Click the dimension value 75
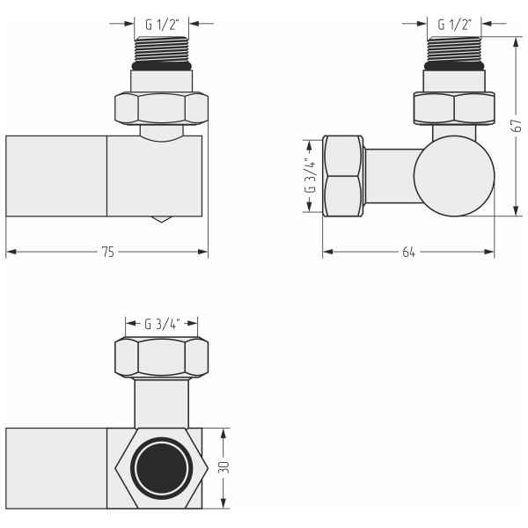(x=107, y=253)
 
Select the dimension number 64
(x=408, y=253)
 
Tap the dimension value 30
(x=226, y=467)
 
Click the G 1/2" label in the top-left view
(x=160, y=24)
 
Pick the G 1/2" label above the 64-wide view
(x=453, y=24)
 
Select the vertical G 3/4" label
(x=310, y=174)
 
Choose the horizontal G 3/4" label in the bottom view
(x=161, y=323)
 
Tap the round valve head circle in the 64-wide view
(x=453, y=174)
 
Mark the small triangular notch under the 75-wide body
(x=159, y=218)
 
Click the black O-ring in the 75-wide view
(x=161, y=65)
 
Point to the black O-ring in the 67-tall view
(x=454, y=65)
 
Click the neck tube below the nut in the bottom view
(x=161, y=403)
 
